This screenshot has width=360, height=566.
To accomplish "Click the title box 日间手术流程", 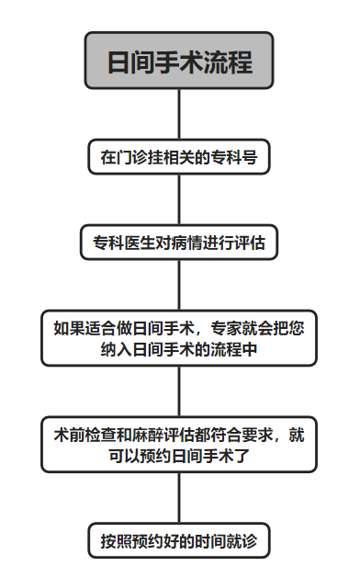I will (179, 61).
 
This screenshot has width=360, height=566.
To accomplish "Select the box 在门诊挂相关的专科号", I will (179, 158).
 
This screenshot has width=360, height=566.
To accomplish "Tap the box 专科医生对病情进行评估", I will (179, 243).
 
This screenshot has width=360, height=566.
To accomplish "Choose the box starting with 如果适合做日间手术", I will (179, 338).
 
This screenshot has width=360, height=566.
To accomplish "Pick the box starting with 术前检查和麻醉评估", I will (179, 445).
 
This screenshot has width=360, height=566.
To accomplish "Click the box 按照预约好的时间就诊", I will (179, 540).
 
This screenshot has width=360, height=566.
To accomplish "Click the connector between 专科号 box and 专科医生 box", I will (179, 200).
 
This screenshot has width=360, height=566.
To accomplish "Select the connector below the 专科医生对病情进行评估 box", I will (179, 286).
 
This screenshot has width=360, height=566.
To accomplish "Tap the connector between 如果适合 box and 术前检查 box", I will (179, 391).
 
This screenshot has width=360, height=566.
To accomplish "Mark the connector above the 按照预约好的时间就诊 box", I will (179, 497).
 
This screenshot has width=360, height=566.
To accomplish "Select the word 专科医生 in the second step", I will (122, 243).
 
